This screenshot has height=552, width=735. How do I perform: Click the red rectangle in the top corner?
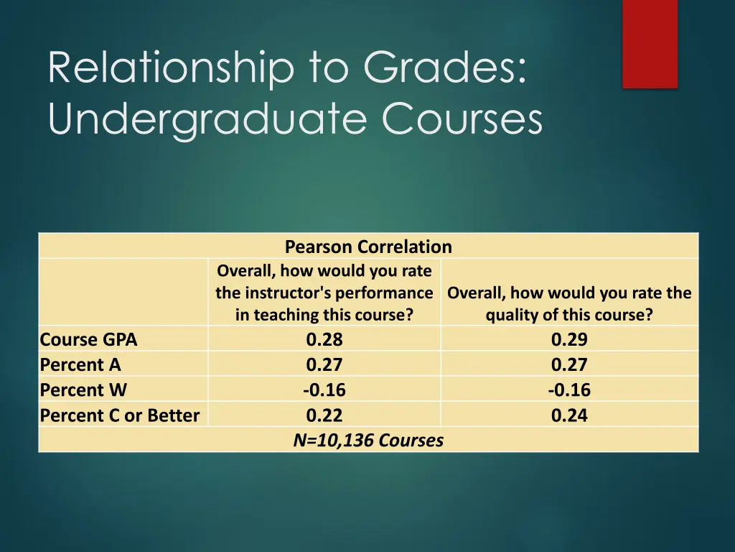[x=650, y=43]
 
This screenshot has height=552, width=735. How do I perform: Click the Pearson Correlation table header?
[x=368, y=247]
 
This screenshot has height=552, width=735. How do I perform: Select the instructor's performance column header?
[x=324, y=293]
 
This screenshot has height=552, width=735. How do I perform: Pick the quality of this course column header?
[x=569, y=303]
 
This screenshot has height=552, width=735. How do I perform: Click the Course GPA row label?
[x=88, y=339]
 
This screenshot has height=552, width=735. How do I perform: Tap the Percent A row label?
[x=80, y=364]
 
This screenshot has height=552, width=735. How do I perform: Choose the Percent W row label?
[x=83, y=390]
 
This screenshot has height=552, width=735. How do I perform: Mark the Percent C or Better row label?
[x=120, y=415]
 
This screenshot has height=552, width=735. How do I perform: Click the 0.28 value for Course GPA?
[x=324, y=339]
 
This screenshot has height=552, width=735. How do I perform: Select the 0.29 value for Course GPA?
[x=569, y=339]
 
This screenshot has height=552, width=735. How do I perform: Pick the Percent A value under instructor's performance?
[x=324, y=364]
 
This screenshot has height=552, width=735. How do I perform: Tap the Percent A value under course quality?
[x=569, y=364]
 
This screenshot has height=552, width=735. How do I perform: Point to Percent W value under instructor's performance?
[x=324, y=390]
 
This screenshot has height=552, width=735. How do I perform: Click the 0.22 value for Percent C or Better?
[x=324, y=415]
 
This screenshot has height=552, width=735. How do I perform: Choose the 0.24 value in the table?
[x=569, y=415]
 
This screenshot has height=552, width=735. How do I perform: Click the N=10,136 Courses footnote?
[x=368, y=440]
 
